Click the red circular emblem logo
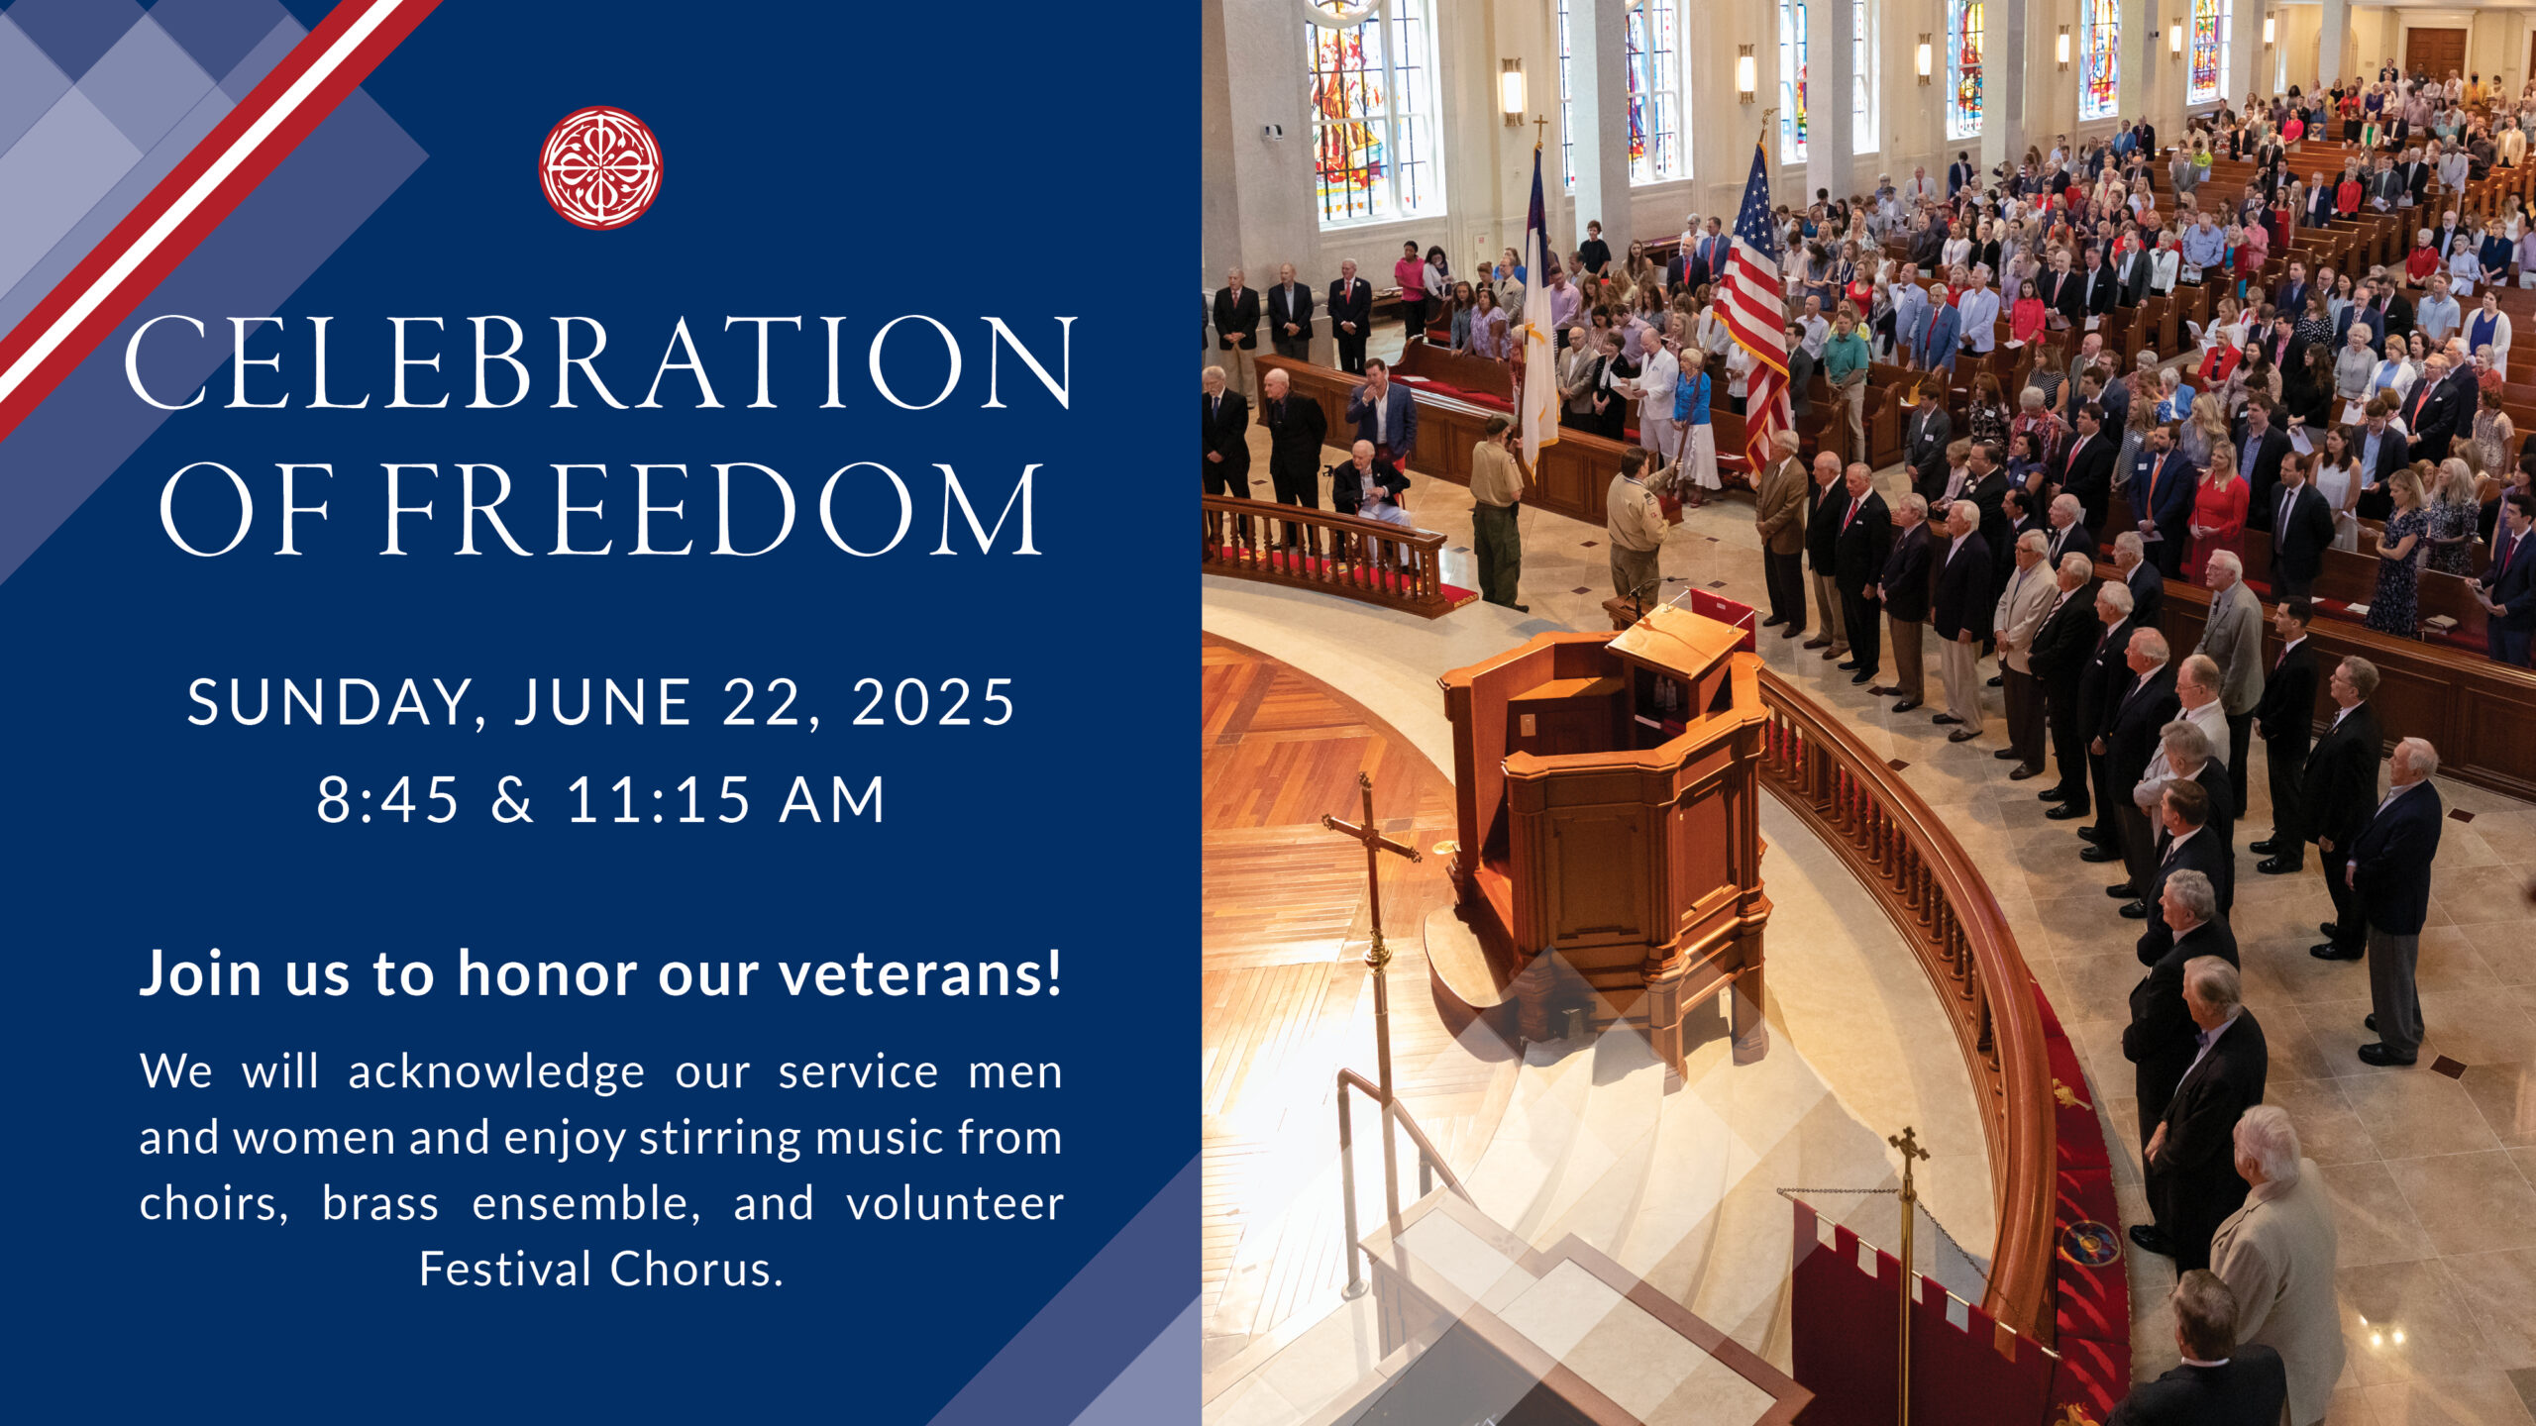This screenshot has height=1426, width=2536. pos(600,167)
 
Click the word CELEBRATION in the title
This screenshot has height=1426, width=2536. pos(601,362)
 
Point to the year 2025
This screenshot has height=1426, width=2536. pos(933,702)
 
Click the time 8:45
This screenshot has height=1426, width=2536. pos(388,799)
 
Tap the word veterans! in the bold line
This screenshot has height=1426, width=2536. pos(920,972)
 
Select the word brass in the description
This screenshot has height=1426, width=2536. pos(379,1203)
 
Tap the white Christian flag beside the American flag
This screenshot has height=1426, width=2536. pos(1538,317)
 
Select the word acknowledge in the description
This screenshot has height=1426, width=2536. pos(496,1072)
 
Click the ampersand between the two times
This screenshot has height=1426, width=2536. pos(512,799)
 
